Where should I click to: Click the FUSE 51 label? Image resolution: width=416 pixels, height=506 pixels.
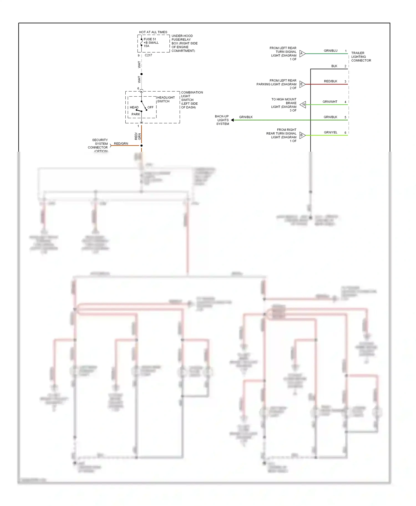(x=150, y=39)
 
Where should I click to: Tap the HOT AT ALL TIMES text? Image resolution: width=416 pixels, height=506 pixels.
(x=153, y=32)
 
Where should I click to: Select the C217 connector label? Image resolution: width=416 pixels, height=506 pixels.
(x=148, y=55)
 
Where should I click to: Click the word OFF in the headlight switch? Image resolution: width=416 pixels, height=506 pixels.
(x=150, y=107)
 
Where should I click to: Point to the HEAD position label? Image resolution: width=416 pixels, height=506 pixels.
(x=134, y=107)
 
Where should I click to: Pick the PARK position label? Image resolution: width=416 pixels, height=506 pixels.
(x=136, y=114)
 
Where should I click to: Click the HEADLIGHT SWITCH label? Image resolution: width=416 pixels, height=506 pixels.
(x=166, y=99)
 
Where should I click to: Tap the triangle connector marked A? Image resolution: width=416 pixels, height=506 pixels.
(x=302, y=53)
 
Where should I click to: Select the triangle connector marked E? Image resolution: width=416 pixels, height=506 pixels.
(x=302, y=84)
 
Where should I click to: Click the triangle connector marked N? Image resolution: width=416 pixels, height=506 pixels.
(x=303, y=105)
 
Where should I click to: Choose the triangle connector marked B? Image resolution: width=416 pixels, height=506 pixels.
(x=302, y=135)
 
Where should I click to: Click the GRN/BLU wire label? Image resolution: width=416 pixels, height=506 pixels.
(x=331, y=51)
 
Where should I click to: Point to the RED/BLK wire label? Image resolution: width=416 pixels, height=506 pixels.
(x=331, y=81)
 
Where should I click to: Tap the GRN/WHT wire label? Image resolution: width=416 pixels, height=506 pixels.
(x=330, y=102)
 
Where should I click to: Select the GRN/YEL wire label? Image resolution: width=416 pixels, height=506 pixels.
(x=331, y=133)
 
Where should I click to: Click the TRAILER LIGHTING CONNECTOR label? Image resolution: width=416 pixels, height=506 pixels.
(x=361, y=57)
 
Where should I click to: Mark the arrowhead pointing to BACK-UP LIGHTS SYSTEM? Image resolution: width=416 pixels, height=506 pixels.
(x=232, y=120)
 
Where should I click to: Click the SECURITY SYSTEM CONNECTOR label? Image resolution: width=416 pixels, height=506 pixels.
(x=98, y=145)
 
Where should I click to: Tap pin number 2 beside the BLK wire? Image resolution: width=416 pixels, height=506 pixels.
(x=345, y=66)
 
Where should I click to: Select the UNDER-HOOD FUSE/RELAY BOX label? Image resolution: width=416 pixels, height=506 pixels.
(x=184, y=43)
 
